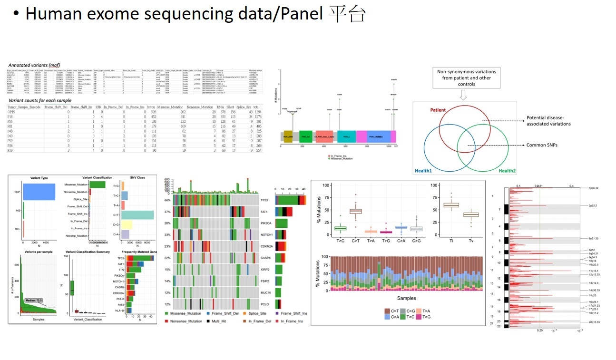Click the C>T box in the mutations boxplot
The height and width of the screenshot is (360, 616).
click(x=355, y=211)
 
